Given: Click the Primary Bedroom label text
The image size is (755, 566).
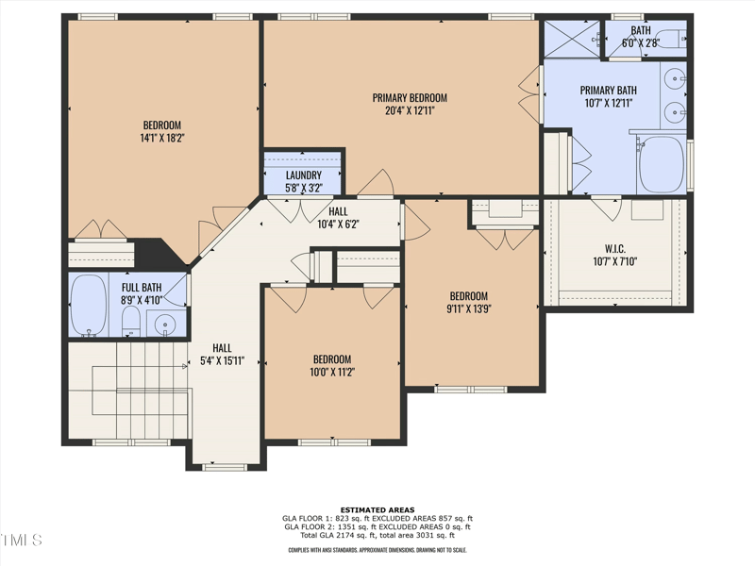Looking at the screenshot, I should point(409,98).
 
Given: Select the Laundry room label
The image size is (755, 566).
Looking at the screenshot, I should point(304,175).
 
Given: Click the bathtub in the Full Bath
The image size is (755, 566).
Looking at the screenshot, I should point(89,305).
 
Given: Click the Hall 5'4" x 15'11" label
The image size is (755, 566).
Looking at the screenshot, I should point(222,354).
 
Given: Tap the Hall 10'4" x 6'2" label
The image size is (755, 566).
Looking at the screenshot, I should point(338,217).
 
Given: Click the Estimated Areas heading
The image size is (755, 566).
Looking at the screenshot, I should point(377,509).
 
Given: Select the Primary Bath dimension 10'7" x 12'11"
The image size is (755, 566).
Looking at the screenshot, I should point(609,104).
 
